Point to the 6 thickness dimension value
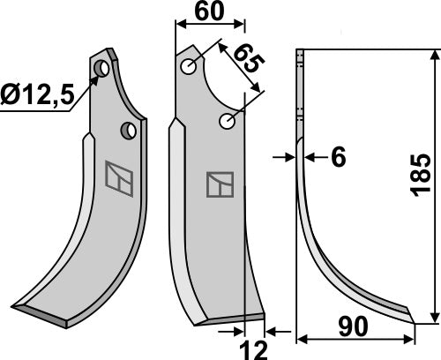click(x=338, y=157)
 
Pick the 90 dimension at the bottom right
click(x=355, y=327)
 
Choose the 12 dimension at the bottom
click(x=253, y=349)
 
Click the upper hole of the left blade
click(x=103, y=68)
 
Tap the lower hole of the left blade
click(x=129, y=131)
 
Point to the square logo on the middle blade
click(x=219, y=184)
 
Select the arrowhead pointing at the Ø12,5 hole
click(x=94, y=79)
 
